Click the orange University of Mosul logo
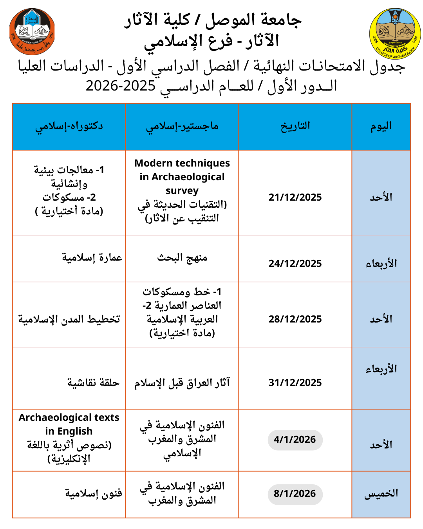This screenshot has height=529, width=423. tap(32, 31)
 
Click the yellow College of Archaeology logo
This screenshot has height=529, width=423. tap(395, 34)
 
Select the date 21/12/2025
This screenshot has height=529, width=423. tap(295, 197)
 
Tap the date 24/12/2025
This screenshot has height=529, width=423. tap(295, 263)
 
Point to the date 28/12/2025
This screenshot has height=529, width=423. tap(295, 319)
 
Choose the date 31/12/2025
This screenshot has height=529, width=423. tap(295, 382)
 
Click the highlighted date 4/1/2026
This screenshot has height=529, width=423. tap(295, 440)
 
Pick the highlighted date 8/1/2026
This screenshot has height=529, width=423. tap(295, 494)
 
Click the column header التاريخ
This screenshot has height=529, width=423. tap(295, 126)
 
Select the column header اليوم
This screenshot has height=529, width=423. tap(381, 126)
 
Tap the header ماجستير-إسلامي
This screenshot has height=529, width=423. tap(182, 126)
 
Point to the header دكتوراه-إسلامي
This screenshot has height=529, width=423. tap(69, 126)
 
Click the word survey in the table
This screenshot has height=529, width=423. tap(182, 191)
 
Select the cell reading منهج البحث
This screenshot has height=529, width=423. tap(182, 258)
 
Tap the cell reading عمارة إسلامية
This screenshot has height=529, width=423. tap(92, 258)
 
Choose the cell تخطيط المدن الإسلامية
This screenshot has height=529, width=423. tap(69, 319)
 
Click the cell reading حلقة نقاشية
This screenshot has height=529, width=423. tap(93, 383)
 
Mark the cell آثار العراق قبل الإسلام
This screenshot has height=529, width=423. tap(182, 383)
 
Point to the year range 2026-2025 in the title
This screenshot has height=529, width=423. tap(121, 86)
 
